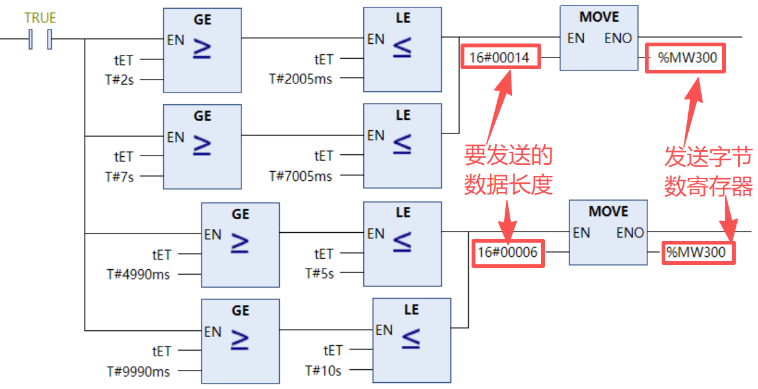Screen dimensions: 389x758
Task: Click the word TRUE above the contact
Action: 40,19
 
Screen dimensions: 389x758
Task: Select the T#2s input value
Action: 119,80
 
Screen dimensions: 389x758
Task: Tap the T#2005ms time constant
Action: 301,78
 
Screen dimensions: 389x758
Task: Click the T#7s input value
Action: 119,177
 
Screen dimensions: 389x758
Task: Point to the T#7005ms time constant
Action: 301,176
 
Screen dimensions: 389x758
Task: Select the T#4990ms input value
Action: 137,274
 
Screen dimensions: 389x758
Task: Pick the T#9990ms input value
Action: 137,371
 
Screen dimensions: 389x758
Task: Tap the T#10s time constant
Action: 322,370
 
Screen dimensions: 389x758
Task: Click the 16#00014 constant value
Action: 499,59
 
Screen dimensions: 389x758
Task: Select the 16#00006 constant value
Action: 507,252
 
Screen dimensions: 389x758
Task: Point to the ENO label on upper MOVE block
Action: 618,38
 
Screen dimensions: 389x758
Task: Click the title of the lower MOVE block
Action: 608,212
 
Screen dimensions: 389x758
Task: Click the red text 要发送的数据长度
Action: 508,170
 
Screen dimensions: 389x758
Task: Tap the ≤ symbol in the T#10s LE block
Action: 411,338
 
